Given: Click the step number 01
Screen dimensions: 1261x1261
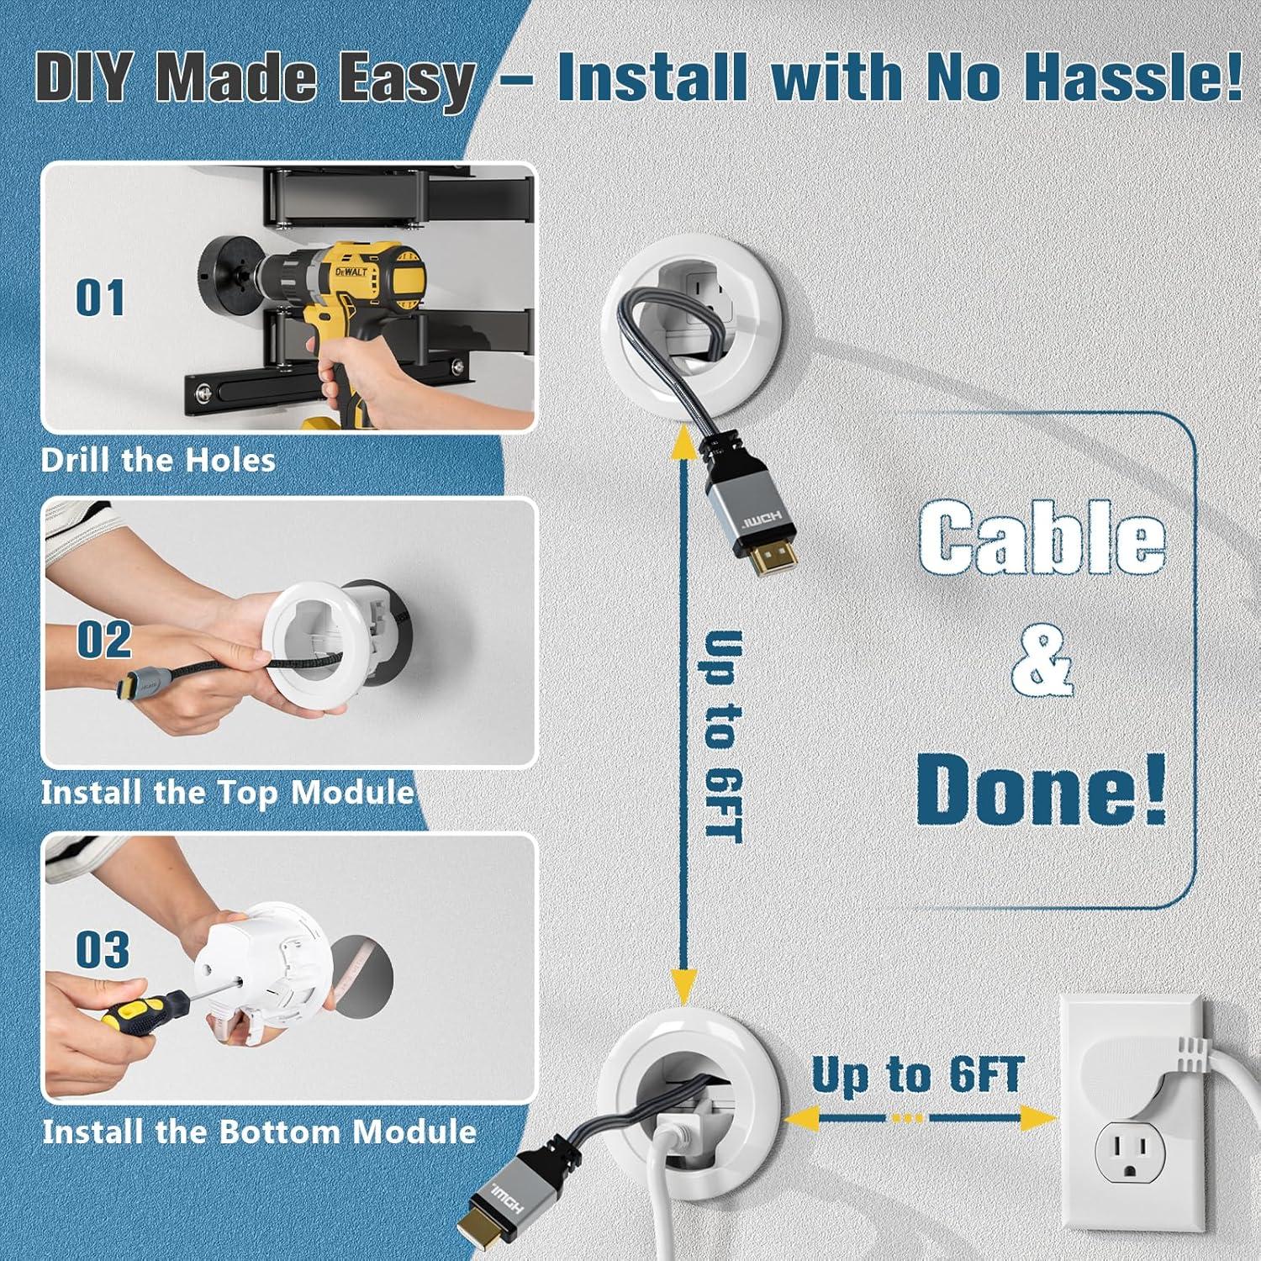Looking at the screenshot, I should (x=100, y=298).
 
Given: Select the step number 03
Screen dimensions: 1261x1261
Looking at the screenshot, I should (x=103, y=949).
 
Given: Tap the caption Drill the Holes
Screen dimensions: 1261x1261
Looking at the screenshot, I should (x=158, y=460).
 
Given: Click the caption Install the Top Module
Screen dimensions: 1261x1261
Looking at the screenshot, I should (x=227, y=792).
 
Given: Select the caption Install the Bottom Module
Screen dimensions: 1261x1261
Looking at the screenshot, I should (x=259, y=1132).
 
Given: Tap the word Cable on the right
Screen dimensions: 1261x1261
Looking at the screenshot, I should (x=1041, y=538).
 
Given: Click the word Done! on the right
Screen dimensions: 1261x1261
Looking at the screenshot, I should (x=1041, y=789).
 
